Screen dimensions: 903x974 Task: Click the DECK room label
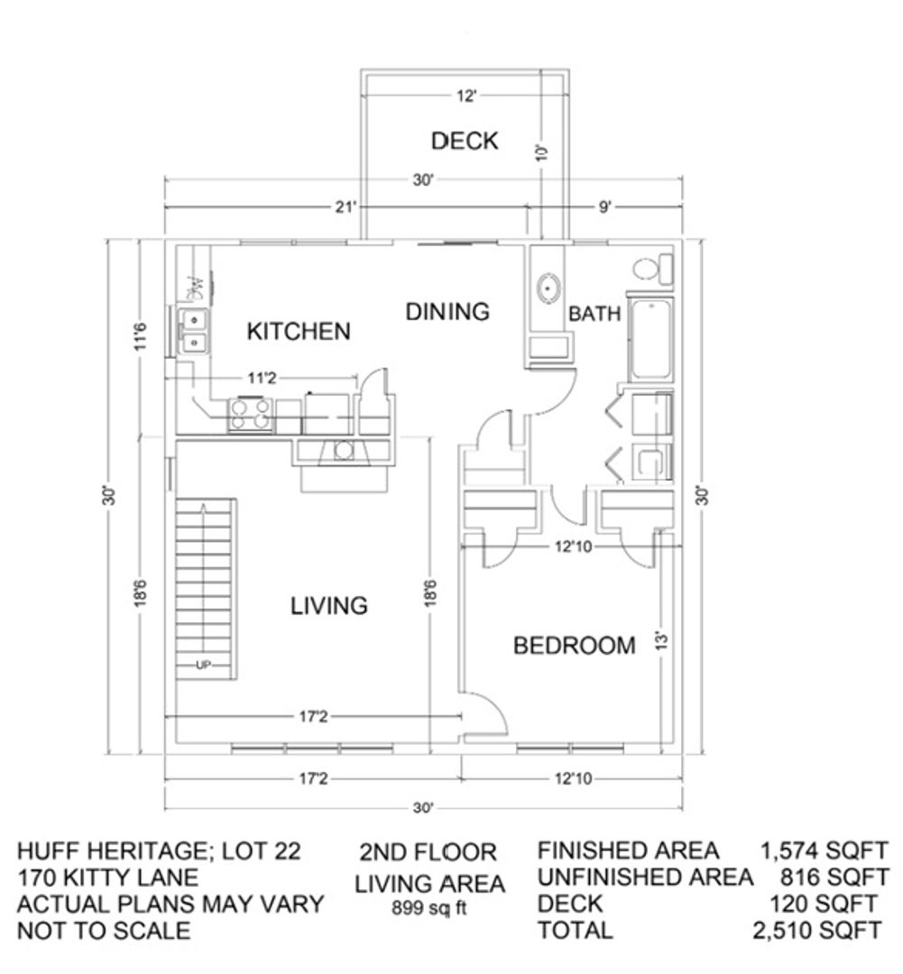465,141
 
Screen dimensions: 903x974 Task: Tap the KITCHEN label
299,332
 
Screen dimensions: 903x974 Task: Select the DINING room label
447,311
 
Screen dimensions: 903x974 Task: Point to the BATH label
594,314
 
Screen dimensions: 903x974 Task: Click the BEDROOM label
575,646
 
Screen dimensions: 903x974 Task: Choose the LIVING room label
328,606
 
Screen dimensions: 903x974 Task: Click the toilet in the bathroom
652,269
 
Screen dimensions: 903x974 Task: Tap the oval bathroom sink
548,289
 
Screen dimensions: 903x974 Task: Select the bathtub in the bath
650,340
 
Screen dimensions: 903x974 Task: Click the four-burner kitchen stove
251,415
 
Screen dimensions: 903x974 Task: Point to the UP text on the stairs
203,666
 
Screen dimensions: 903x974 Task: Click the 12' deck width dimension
466,96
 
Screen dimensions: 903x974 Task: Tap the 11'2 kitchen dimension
262,378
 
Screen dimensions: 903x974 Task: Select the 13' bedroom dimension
662,641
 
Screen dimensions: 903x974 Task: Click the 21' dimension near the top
346,207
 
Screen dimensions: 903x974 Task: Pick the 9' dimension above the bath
604,207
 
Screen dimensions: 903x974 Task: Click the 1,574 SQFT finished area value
825,850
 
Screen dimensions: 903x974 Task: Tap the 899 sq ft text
429,908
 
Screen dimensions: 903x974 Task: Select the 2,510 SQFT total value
816,931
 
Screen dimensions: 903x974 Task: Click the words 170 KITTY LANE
107,878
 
